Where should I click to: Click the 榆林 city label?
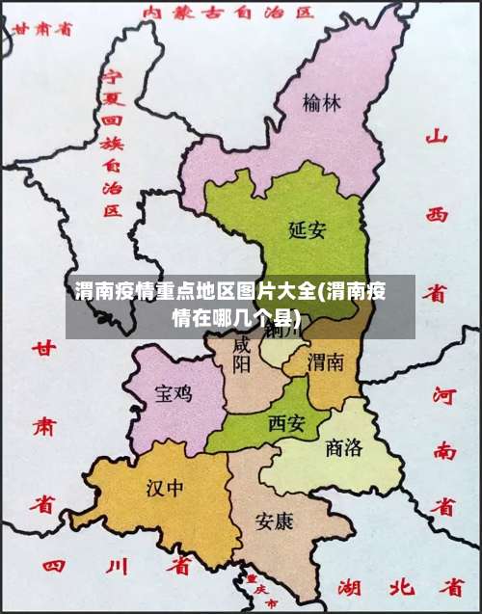click(321, 102)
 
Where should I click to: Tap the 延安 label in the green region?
click(308, 229)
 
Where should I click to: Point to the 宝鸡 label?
click(174, 393)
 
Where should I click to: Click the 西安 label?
click(286, 422)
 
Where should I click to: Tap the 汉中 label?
click(164, 487)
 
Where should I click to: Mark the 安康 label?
click(274, 521)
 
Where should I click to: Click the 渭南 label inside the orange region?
click(325, 362)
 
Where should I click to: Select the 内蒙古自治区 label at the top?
click(228, 13)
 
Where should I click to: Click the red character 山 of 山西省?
click(438, 138)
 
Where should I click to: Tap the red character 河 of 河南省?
click(444, 394)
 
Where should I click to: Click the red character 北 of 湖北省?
click(397, 586)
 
